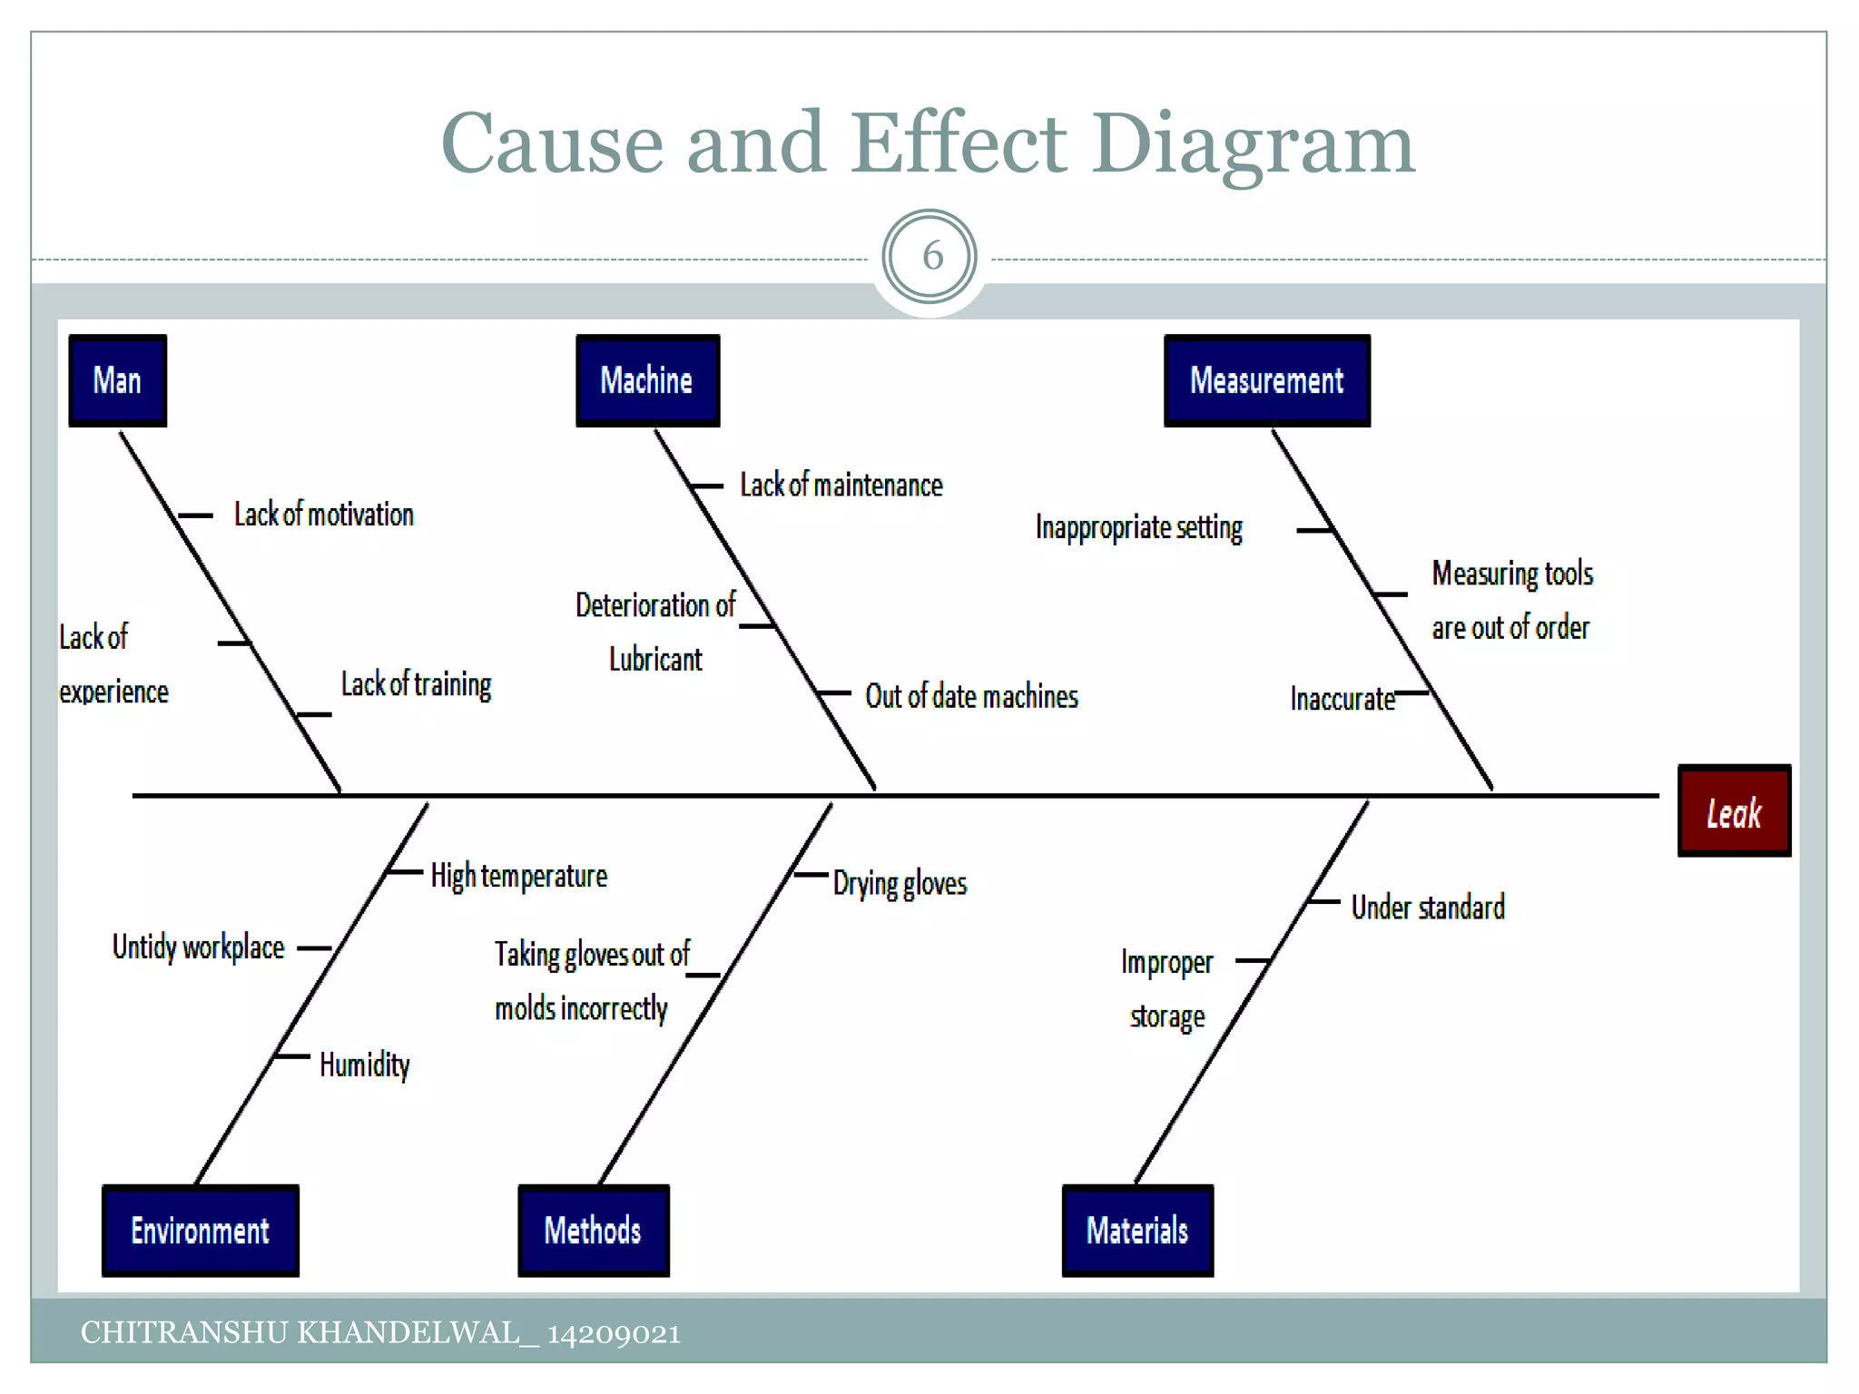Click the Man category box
tap(117, 380)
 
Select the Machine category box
tap(647, 380)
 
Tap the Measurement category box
tap(1266, 380)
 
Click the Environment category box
tap(200, 1231)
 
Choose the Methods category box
tap(593, 1231)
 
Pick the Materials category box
tap(1137, 1231)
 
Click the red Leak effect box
tap(1734, 811)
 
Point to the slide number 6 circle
tap(929, 257)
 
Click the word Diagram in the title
tap(1253, 145)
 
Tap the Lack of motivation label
tap(324, 515)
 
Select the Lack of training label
tap(416, 684)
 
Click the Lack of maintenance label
tap(841, 486)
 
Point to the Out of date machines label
tap(971, 697)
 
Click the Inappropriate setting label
tap(1139, 527)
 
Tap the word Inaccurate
tap(1343, 699)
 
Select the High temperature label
tap(518, 876)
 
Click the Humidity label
tap(364, 1065)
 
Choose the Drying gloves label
tap(900, 883)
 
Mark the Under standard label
tap(1428, 908)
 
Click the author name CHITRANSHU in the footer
tap(184, 1332)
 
